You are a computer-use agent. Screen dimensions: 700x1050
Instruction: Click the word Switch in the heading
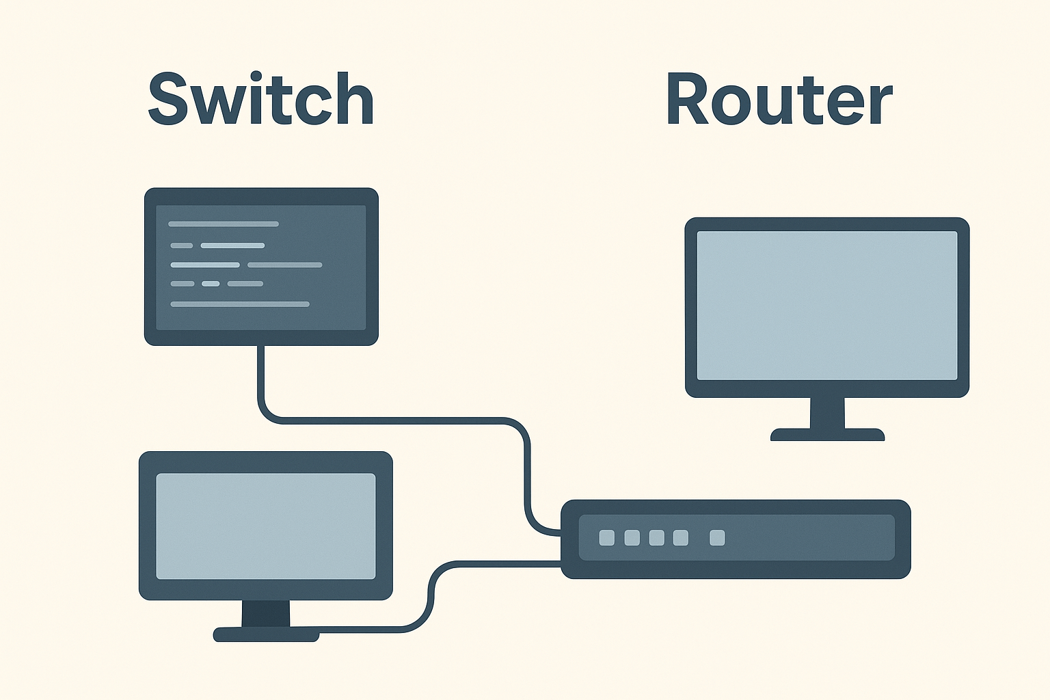[261, 100]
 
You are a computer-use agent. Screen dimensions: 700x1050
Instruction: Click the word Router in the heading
[779, 100]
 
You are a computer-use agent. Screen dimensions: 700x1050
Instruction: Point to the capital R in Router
[688, 100]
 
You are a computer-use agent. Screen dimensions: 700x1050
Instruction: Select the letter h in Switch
[355, 100]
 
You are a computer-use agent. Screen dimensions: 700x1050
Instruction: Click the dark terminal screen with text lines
[261, 267]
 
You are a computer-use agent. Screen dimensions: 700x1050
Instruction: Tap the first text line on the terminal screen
[224, 224]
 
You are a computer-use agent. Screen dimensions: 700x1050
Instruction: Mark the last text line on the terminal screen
[240, 304]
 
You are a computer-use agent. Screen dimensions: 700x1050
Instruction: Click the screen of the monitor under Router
[827, 306]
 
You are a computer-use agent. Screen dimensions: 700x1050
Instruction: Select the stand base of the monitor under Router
[827, 435]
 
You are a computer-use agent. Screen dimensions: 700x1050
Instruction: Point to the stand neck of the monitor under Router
[827, 413]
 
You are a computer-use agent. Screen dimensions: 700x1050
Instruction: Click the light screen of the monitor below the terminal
[266, 526]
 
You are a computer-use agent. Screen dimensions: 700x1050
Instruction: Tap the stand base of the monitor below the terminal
[266, 635]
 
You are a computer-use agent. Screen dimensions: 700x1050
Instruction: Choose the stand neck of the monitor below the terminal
[266, 612]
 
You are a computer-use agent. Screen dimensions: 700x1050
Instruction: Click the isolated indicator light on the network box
[717, 538]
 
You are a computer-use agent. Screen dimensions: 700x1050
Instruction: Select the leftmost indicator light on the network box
[607, 538]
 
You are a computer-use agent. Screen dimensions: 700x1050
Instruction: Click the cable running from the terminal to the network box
[396, 420]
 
